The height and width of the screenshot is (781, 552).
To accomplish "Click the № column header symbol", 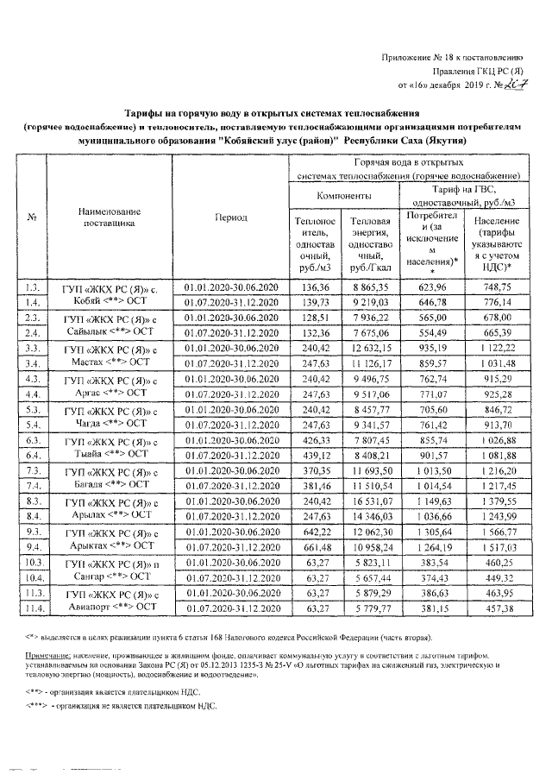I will pos(32,217).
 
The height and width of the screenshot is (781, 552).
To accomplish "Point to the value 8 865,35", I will pos(370,287).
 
